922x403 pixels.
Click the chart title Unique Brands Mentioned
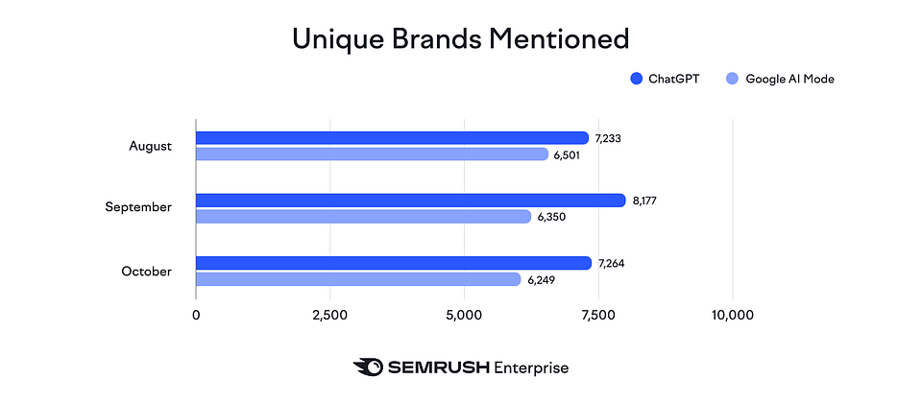(x=460, y=38)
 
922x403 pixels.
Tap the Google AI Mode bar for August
(x=372, y=154)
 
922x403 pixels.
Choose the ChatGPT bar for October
(x=393, y=263)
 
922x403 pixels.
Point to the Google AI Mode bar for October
(x=358, y=279)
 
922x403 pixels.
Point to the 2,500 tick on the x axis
(x=329, y=315)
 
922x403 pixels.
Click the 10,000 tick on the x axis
(x=732, y=315)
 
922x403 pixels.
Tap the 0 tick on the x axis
(x=196, y=315)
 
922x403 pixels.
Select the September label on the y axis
(x=138, y=208)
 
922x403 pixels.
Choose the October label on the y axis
(x=146, y=271)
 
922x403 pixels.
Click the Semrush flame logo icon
(x=368, y=367)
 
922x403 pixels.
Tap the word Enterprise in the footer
(x=531, y=367)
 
